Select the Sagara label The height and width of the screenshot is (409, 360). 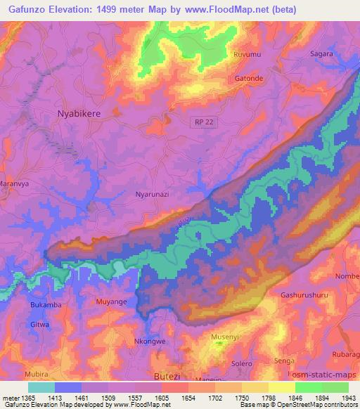click(322, 53)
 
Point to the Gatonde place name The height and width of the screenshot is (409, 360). click(249, 79)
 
